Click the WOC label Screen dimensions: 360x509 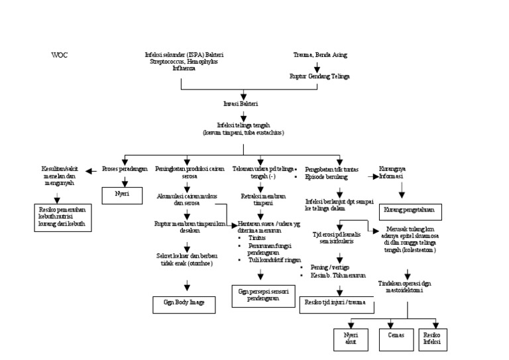pos(60,55)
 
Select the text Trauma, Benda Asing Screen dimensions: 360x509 pos(318,55)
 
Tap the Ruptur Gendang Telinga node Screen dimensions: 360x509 pos(319,76)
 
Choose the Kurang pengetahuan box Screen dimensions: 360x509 pos(402,210)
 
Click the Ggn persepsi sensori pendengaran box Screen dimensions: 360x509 pos(258,294)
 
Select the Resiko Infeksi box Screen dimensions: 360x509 pos(431,339)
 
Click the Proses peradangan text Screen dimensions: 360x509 pos(125,169)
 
